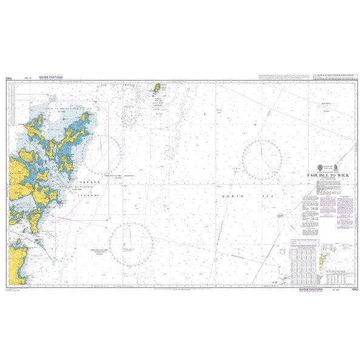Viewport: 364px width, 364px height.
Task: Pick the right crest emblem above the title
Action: (x=336, y=167)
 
